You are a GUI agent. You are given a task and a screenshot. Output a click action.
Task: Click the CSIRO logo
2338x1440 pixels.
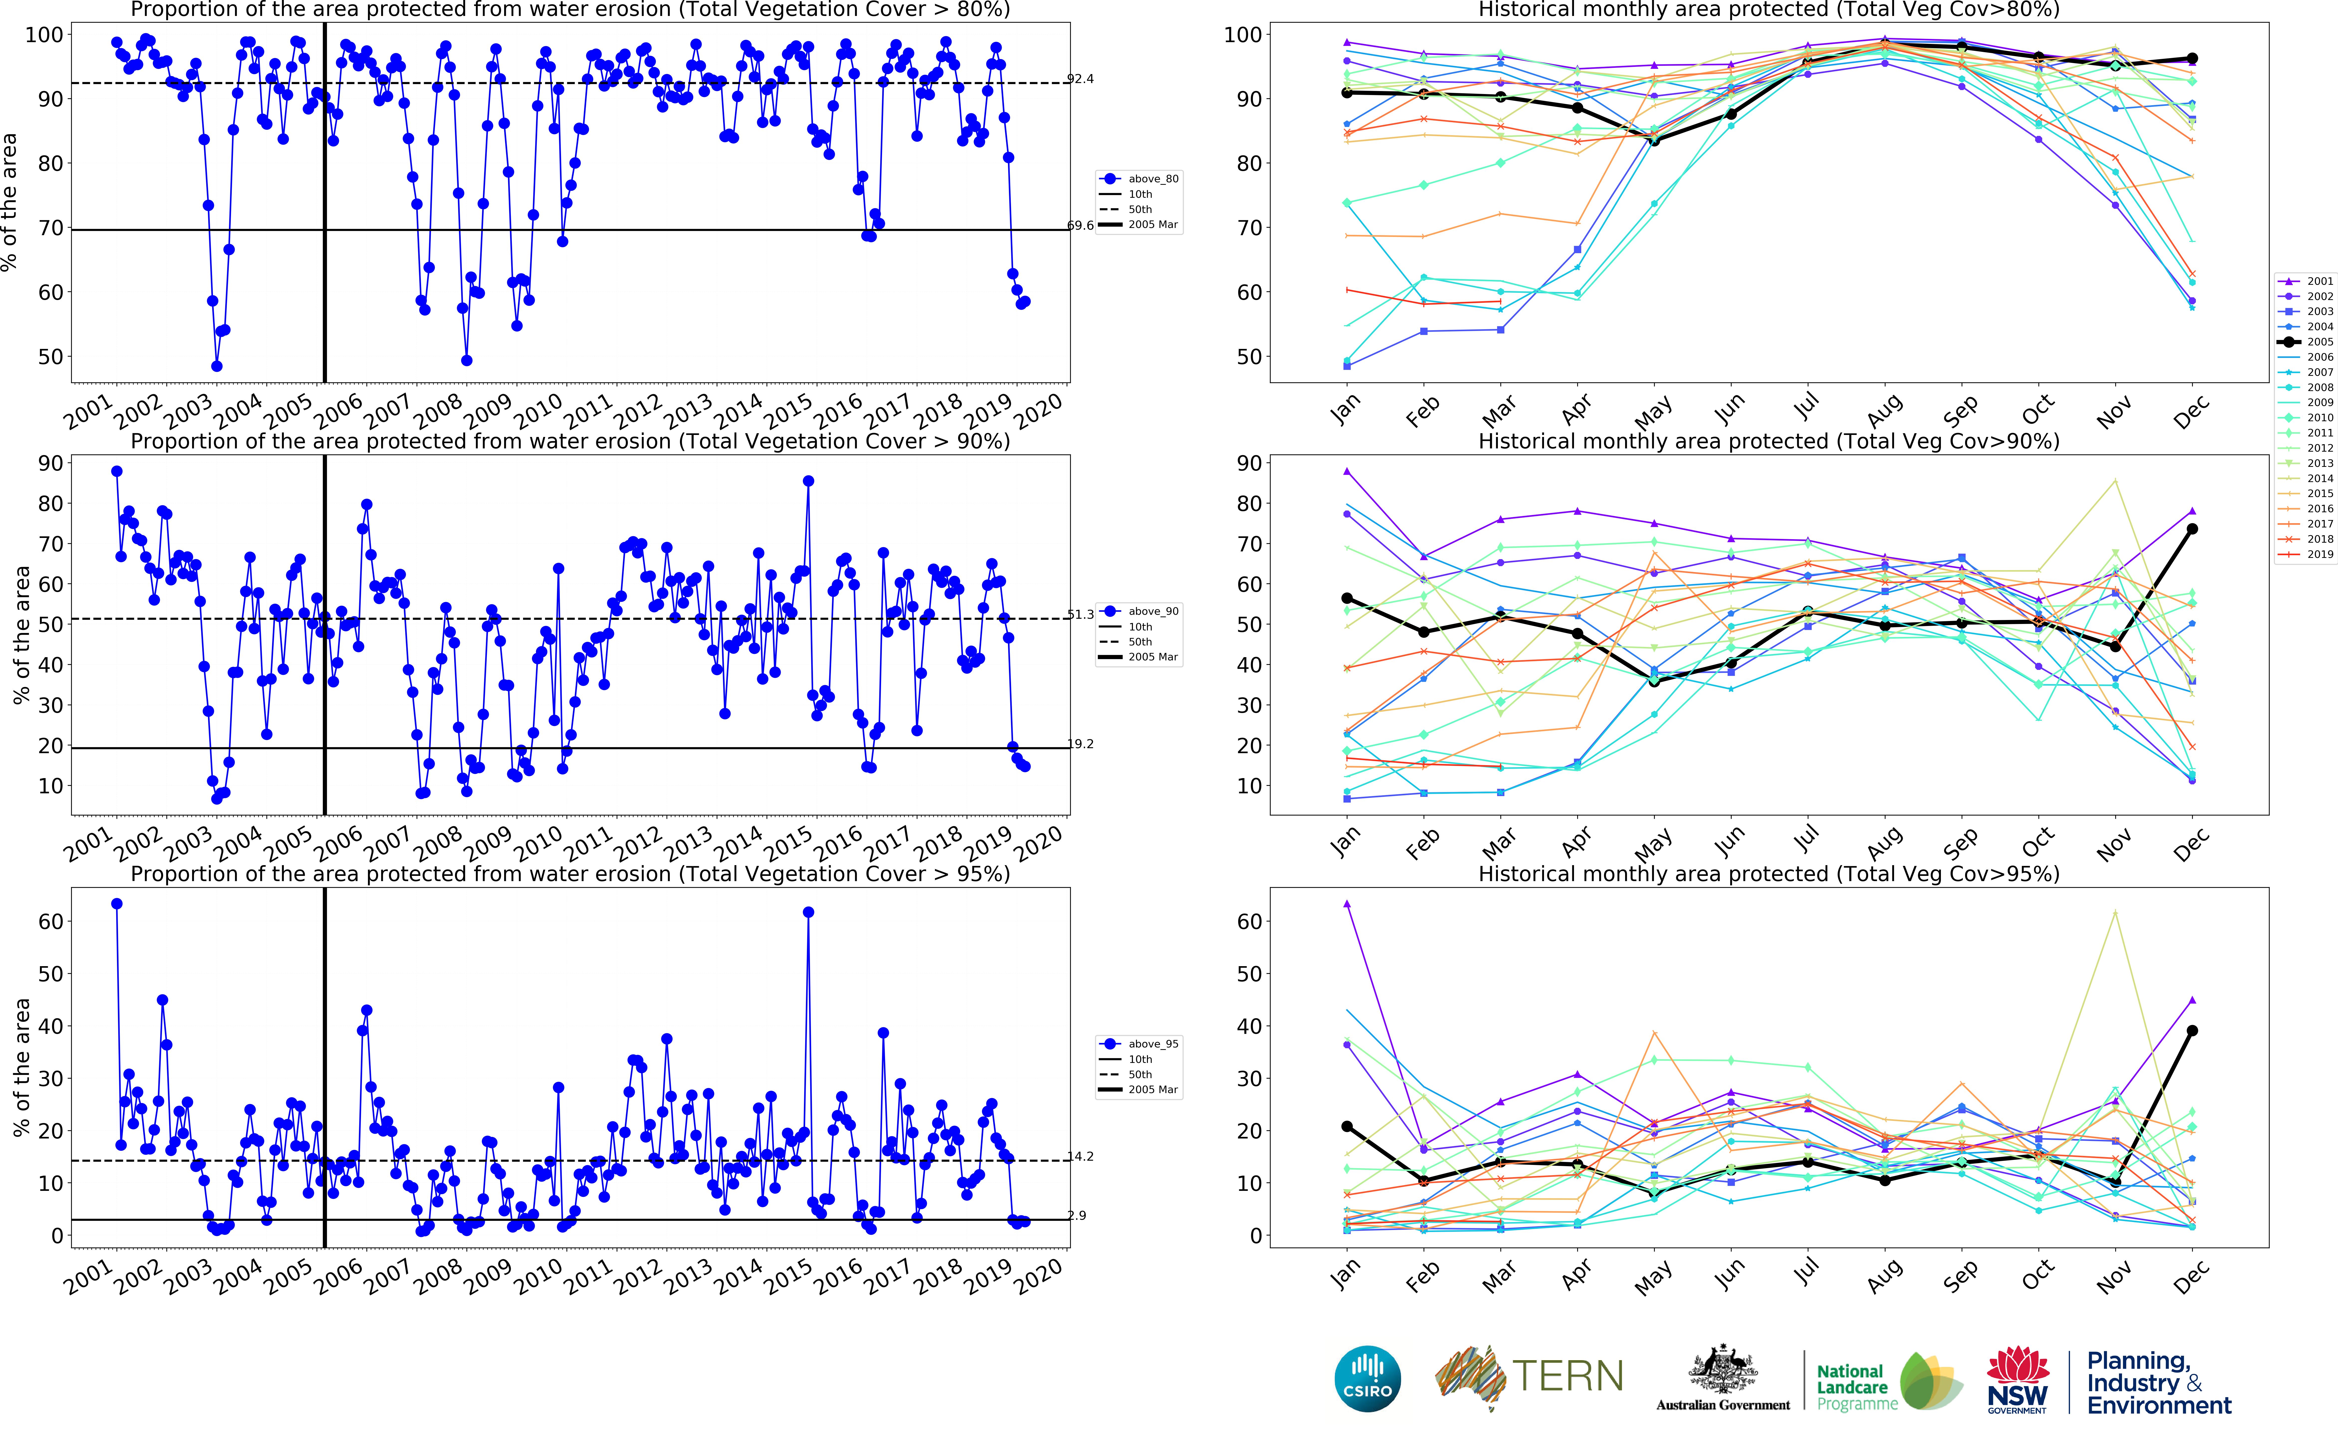point(1368,1379)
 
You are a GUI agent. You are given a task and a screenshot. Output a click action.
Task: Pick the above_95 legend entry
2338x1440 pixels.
point(1152,1044)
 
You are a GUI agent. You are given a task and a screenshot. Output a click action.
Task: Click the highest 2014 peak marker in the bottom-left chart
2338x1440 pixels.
point(808,912)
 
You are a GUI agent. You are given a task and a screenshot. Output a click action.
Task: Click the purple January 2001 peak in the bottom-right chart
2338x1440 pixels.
point(1347,904)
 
